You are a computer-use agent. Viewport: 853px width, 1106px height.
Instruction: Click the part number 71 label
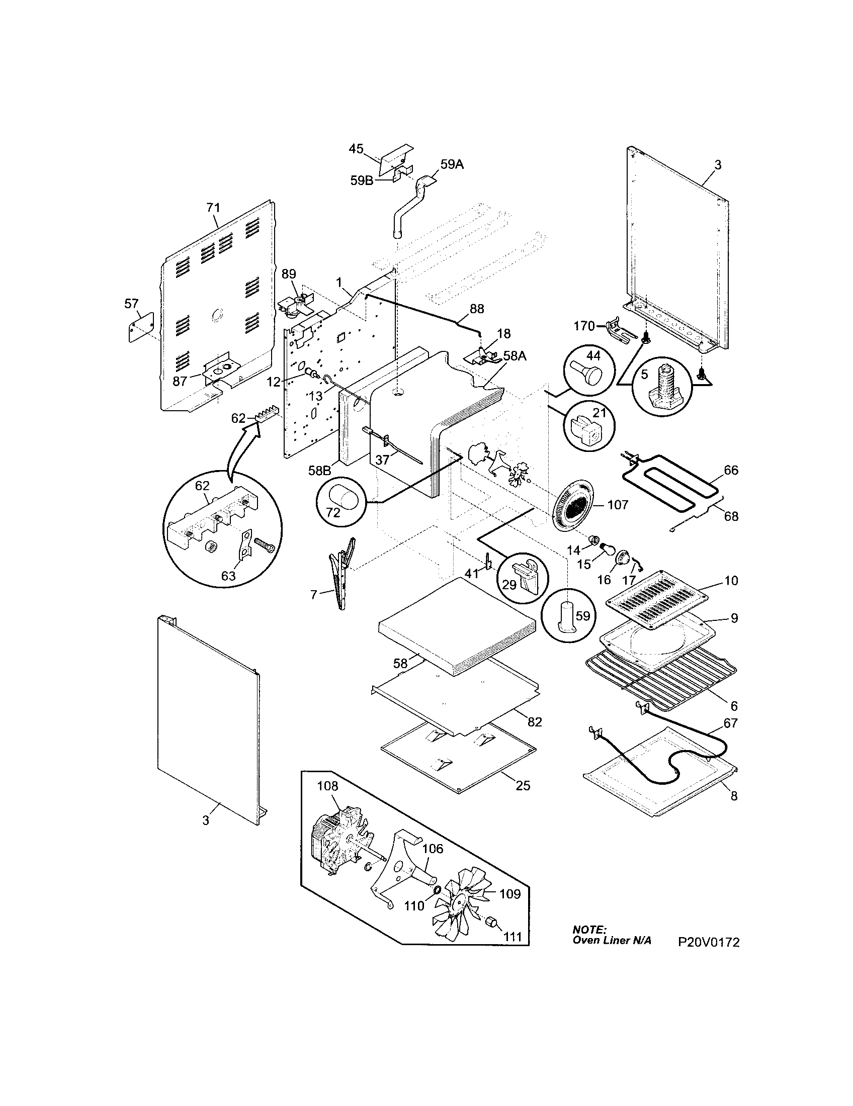[x=213, y=208]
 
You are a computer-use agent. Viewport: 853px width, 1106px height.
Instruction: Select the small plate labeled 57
[x=140, y=327]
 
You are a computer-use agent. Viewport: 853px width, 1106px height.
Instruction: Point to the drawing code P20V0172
[x=709, y=943]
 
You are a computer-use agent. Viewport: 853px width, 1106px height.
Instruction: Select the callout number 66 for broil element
[x=730, y=471]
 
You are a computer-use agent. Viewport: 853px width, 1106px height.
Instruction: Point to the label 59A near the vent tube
[x=452, y=164]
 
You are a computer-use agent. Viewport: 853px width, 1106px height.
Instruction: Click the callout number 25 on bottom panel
[x=523, y=785]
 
